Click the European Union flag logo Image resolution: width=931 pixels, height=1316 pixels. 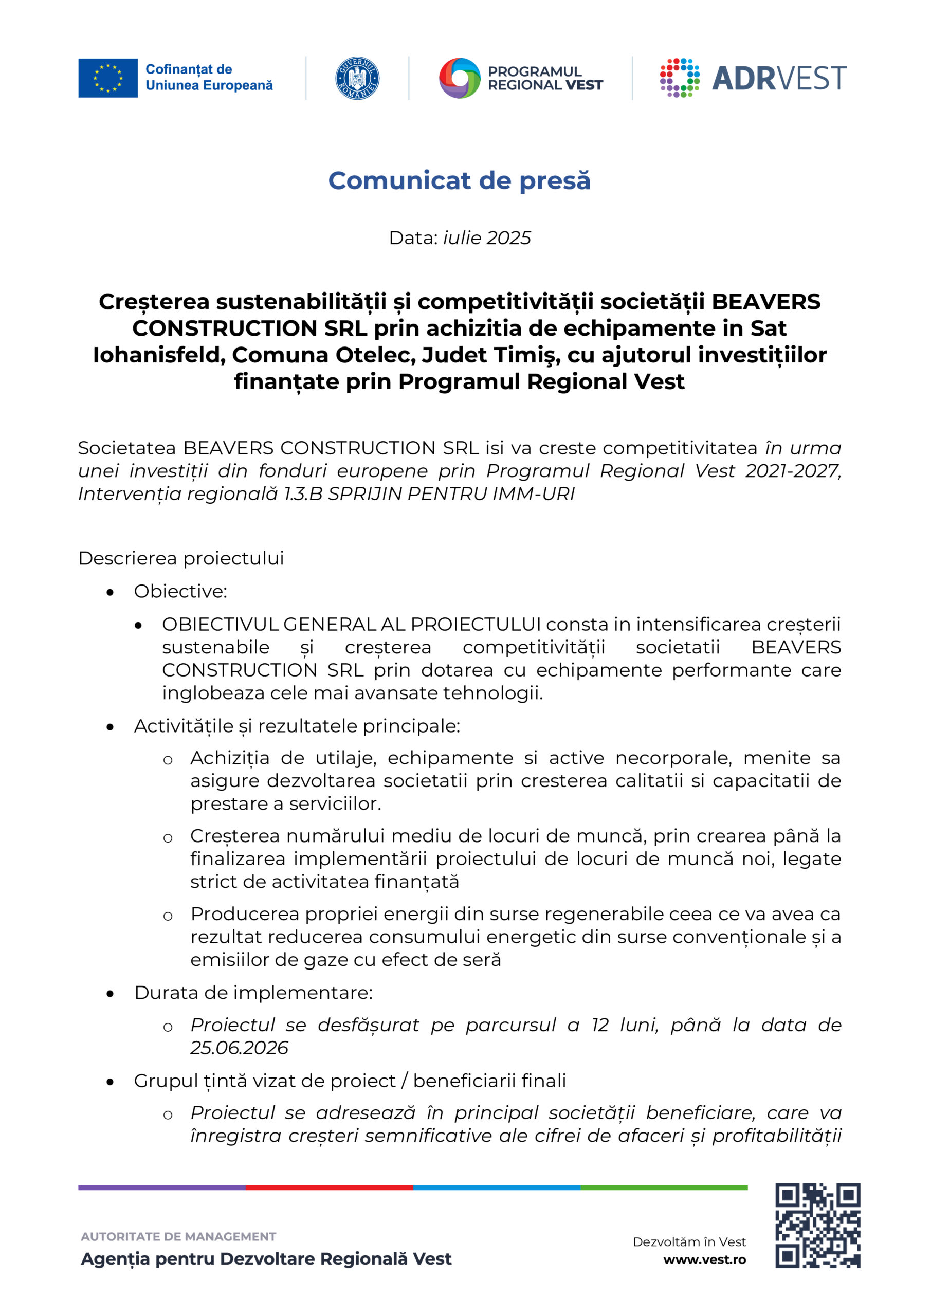108,78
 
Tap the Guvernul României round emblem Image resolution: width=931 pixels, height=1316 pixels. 357,78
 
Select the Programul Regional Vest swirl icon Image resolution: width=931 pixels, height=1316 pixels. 459,78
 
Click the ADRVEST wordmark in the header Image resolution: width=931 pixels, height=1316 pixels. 778,79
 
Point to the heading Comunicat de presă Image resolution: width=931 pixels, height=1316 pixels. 459,180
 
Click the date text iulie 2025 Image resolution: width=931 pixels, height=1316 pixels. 487,238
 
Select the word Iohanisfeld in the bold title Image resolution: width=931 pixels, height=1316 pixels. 158,355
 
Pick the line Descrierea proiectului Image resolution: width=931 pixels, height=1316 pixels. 181,558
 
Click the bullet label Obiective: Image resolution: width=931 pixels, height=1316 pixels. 180,592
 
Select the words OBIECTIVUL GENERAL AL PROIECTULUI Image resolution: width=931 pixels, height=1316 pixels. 351,624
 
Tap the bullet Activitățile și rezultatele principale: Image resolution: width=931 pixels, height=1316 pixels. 297,726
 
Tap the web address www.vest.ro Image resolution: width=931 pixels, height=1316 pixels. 705,1260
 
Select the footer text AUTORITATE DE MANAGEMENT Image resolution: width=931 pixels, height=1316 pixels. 178,1237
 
